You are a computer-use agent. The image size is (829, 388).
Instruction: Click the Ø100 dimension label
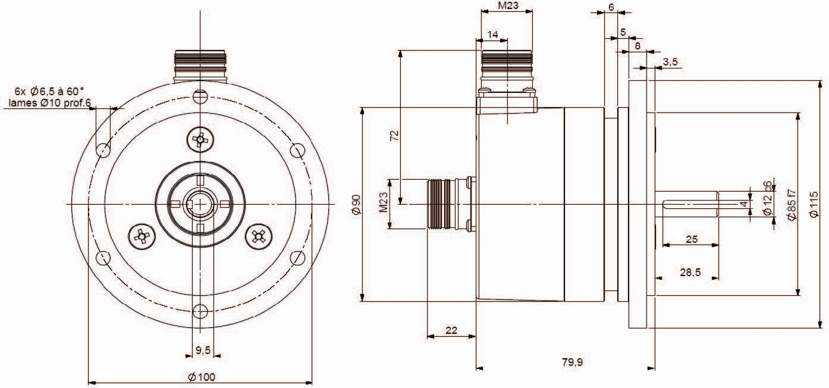201,376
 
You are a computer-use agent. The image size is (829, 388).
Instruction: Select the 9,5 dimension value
203,351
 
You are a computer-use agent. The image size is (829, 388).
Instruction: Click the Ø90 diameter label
356,204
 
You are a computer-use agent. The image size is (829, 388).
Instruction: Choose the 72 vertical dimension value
394,135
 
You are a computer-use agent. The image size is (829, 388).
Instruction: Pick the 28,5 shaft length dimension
690,272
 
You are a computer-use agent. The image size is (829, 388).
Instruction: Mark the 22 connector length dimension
451,330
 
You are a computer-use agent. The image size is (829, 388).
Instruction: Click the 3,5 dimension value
670,62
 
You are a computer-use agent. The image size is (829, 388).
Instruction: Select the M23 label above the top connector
507,7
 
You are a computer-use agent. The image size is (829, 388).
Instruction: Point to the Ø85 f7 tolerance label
791,205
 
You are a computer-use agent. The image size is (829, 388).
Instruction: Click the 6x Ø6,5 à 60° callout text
49,92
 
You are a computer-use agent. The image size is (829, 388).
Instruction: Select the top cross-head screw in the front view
200,140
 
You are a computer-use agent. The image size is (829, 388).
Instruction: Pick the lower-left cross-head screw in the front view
142,236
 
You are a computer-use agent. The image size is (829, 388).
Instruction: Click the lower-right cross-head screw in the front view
258,236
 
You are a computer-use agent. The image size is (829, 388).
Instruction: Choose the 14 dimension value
492,35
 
